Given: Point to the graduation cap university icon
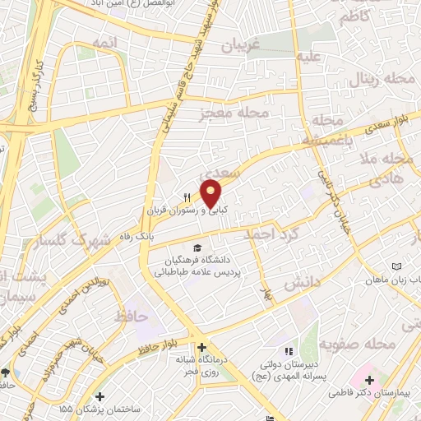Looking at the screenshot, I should tap(197, 248).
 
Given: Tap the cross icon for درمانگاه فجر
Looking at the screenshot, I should tap(200, 346).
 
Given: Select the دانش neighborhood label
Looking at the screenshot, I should tap(301, 284).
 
